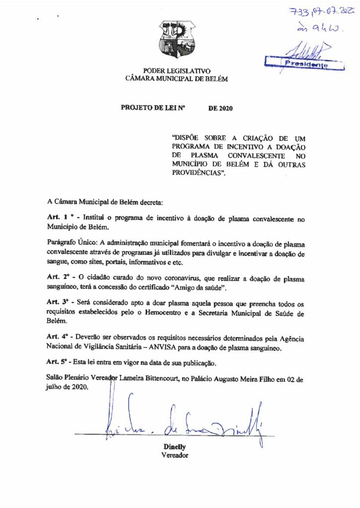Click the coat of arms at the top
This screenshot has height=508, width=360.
point(177,39)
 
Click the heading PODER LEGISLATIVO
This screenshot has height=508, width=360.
point(177,71)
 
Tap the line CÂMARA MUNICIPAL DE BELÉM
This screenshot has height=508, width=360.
point(177,78)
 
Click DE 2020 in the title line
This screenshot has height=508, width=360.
point(220,107)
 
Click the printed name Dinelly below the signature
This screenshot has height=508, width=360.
point(174,446)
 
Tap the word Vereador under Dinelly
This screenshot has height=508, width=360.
point(175,455)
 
